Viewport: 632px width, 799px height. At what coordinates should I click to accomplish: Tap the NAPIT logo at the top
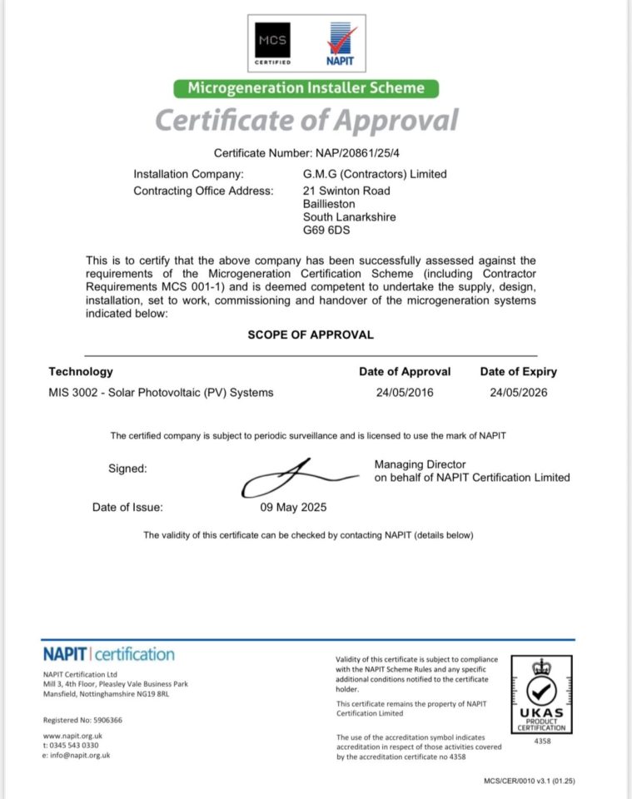pyautogui.click(x=341, y=45)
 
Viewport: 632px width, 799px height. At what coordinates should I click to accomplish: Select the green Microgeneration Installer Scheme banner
pyautogui.click(x=306, y=88)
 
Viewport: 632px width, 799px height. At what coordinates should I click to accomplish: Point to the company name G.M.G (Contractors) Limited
pyautogui.click(x=375, y=174)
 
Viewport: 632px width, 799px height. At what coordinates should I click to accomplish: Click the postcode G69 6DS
pyautogui.click(x=328, y=231)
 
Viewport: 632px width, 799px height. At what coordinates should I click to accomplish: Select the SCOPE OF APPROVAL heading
pyautogui.click(x=311, y=335)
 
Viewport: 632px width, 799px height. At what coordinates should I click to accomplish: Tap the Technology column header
pyautogui.click(x=81, y=372)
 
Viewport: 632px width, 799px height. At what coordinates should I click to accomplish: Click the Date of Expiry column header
pyautogui.click(x=518, y=372)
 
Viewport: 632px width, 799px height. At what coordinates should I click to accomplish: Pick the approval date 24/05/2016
pyautogui.click(x=405, y=393)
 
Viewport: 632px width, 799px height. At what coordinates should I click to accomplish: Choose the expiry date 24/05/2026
pyautogui.click(x=519, y=393)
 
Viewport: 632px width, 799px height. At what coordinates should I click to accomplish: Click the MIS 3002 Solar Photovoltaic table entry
pyautogui.click(x=161, y=393)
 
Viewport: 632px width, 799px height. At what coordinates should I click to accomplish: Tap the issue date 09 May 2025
pyautogui.click(x=295, y=507)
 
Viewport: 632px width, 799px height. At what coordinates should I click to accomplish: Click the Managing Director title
pyautogui.click(x=420, y=464)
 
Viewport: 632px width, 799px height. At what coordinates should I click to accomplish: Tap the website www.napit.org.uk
pyautogui.click(x=72, y=736)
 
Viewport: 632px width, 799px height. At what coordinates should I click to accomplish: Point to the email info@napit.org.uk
pyautogui.click(x=79, y=755)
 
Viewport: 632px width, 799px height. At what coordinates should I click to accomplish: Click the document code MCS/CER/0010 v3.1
pyautogui.click(x=530, y=781)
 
